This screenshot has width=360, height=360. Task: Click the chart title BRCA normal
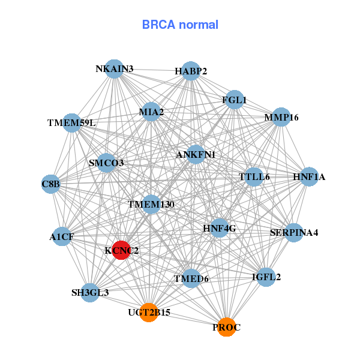[180, 25]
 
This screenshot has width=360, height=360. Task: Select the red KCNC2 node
[121, 250]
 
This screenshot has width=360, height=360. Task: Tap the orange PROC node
[226, 327]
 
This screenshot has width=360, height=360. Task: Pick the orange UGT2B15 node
[149, 313]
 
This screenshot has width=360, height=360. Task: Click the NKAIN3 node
[114, 69]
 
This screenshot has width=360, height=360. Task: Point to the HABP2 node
[191, 71]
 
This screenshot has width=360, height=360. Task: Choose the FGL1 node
[234, 100]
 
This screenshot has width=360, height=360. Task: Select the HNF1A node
[309, 176]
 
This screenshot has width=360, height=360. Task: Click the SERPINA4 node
[293, 232]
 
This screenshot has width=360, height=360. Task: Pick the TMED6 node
[191, 278]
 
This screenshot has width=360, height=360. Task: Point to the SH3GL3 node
[90, 292]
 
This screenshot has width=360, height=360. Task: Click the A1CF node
[62, 236]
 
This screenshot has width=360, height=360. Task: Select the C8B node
[51, 184]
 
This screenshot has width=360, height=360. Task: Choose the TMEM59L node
[71, 123]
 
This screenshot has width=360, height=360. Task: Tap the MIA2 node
[151, 112]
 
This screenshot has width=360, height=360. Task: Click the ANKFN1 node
[196, 155]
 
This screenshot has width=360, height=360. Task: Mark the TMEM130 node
[151, 205]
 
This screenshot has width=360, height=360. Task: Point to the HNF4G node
[220, 228]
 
